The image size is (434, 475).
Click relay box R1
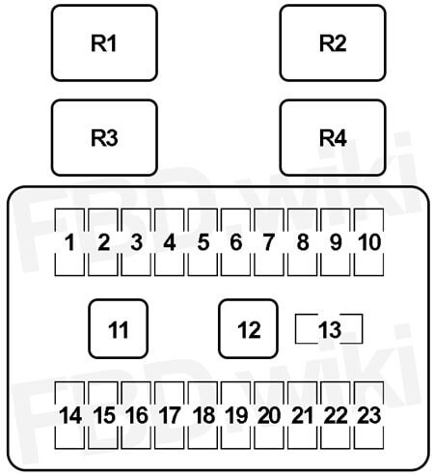pyautogui.click(x=104, y=42)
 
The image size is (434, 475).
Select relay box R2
pyautogui.click(x=333, y=42)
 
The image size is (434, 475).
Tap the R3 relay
pyautogui.click(x=104, y=138)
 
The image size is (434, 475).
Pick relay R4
pyautogui.click(x=333, y=138)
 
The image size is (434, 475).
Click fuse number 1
pyautogui.click(x=69, y=242)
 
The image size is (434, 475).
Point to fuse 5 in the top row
pyautogui.click(x=203, y=242)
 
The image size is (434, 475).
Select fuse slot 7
pyautogui.click(x=269, y=242)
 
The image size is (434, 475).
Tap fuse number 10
pyautogui.click(x=368, y=242)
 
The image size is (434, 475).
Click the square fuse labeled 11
pyautogui.click(x=118, y=328)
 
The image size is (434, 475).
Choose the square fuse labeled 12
pyautogui.click(x=248, y=328)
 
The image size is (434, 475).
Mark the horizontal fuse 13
pyautogui.click(x=329, y=329)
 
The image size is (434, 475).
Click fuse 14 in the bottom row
pyautogui.click(x=69, y=415)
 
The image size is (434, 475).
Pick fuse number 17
pyautogui.click(x=170, y=415)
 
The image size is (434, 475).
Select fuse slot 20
pyautogui.click(x=269, y=415)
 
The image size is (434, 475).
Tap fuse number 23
pyautogui.click(x=368, y=415)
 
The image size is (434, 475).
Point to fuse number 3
pyautogui.click(x=136, y=242)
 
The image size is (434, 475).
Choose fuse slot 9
pyautogui.click(x=336, y=242)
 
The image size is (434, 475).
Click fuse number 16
pyautogui.click(x=136, y=415)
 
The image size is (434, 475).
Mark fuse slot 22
pyautogui.click(x=336, y=415)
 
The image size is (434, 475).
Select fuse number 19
pyautogui.click(x=235, y=415)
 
